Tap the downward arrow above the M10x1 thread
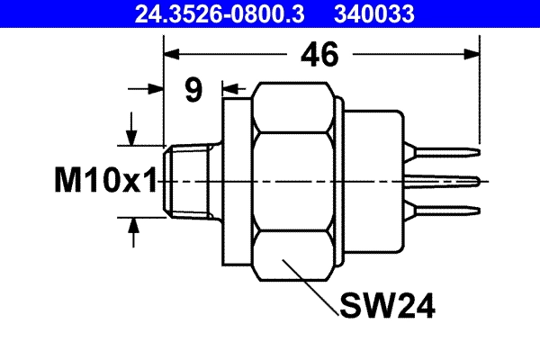pos(133,135)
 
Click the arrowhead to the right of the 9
pos(227,89)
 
